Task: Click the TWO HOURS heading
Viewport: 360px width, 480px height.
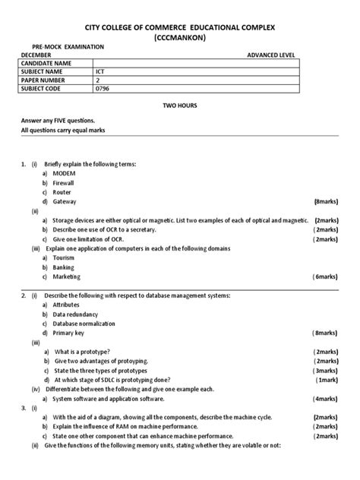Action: coord(181,109)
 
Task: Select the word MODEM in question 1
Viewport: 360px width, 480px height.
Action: coord(65,173)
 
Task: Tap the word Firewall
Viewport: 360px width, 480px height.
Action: coord(65,183)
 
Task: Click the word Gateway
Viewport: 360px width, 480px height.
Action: coord(65,201)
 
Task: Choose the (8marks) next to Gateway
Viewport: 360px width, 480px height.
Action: coord(325,201)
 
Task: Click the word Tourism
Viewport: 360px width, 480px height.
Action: coord(65,257)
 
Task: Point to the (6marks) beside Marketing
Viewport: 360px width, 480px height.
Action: coord(325,276)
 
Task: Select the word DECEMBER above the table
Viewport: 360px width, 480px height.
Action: coord(37,55)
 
